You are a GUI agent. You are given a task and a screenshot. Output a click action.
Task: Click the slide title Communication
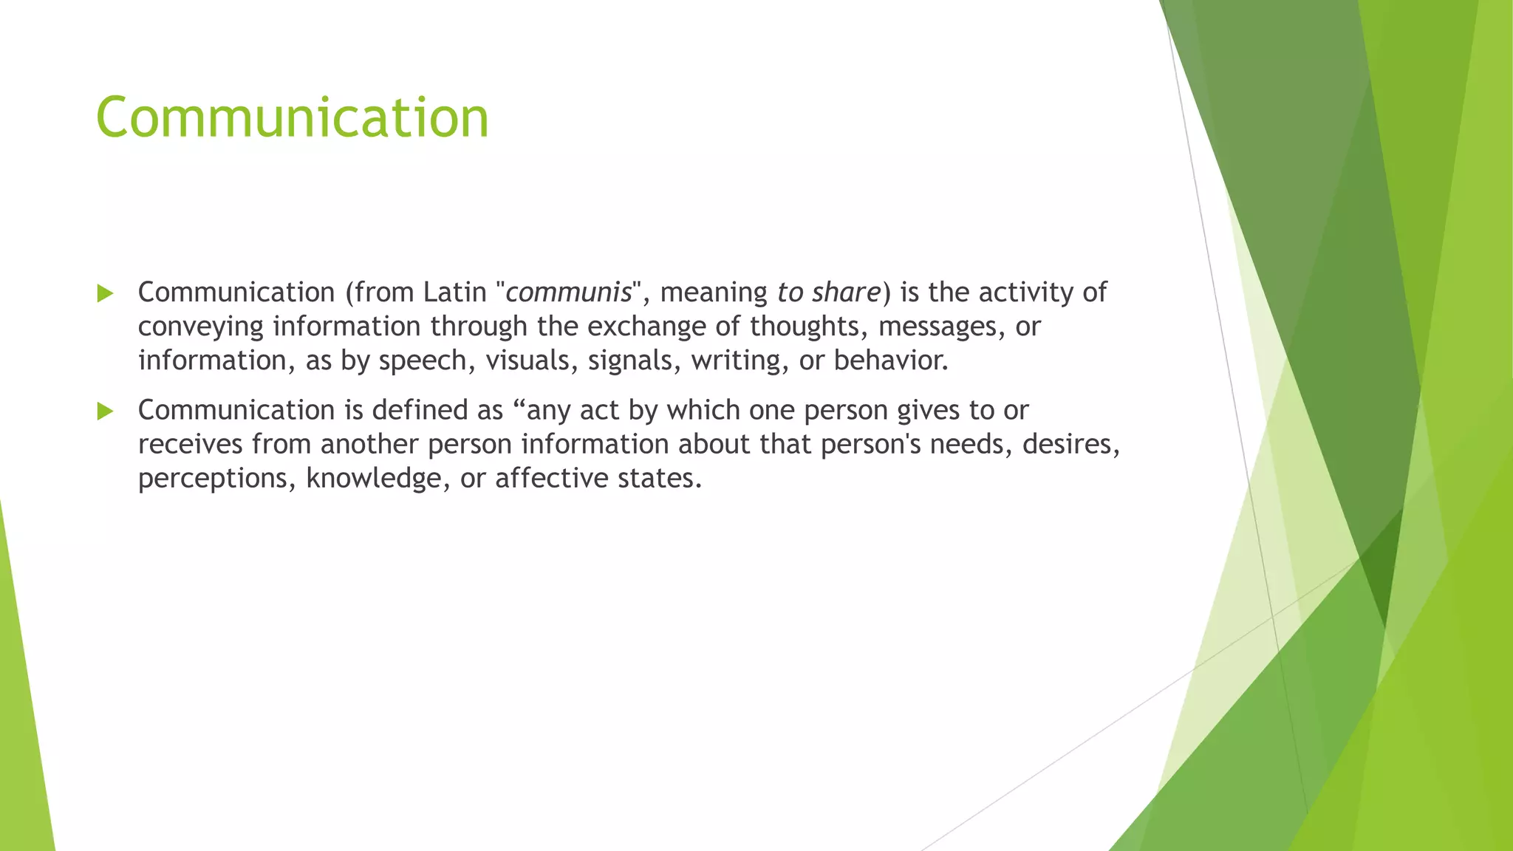(293, 117)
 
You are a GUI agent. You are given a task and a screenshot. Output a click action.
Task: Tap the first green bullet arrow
(105, 293)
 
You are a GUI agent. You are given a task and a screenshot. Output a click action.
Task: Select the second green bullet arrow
(105, 411)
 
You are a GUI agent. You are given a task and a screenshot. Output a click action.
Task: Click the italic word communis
(569, 293)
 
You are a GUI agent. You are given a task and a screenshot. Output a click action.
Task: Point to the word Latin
(455, 293)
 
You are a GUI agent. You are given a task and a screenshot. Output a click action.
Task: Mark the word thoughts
(809, 327)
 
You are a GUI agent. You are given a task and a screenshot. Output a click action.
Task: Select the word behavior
(890, 360)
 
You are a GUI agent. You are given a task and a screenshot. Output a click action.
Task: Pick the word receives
(191, 444)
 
